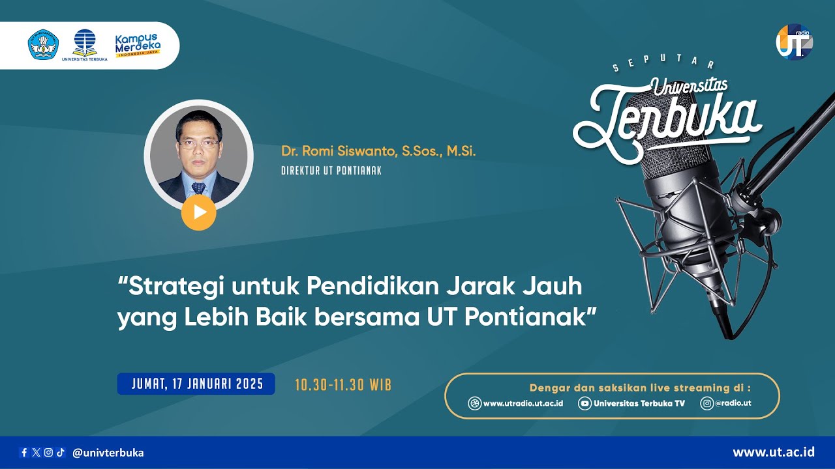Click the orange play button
pyautogui.click(x=199, y=212)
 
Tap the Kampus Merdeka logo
pyautogui.click(x=138, y=46)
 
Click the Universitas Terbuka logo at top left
pyautogui.click(x=85, y=44)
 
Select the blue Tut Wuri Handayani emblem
pyautogui.click(x=43, y=44)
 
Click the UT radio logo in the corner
pyautogui.click(x=794, y=42)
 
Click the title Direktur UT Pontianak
pyautogui.click(x=331, y=171)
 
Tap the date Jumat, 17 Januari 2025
pyautogui.click(x=197, y=384)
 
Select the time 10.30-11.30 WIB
pyautogui.click(x=343, y=384)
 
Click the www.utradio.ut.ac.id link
pyautogui.click(x=523, y=403)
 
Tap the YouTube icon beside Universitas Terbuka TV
pyautogui.click(x=584, y=403)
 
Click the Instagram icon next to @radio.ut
pyautogui.click(x=706, y=403)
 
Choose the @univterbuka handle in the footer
pyautogui.click(x=108, y=453)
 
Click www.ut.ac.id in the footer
pyautogui.click(x=774, y=452)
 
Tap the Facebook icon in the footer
pyautogui.click(x=24, y=453)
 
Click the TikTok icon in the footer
pyautogui.click(x=60, y=453)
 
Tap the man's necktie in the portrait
pyautogui.click(x=198, y=188)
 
